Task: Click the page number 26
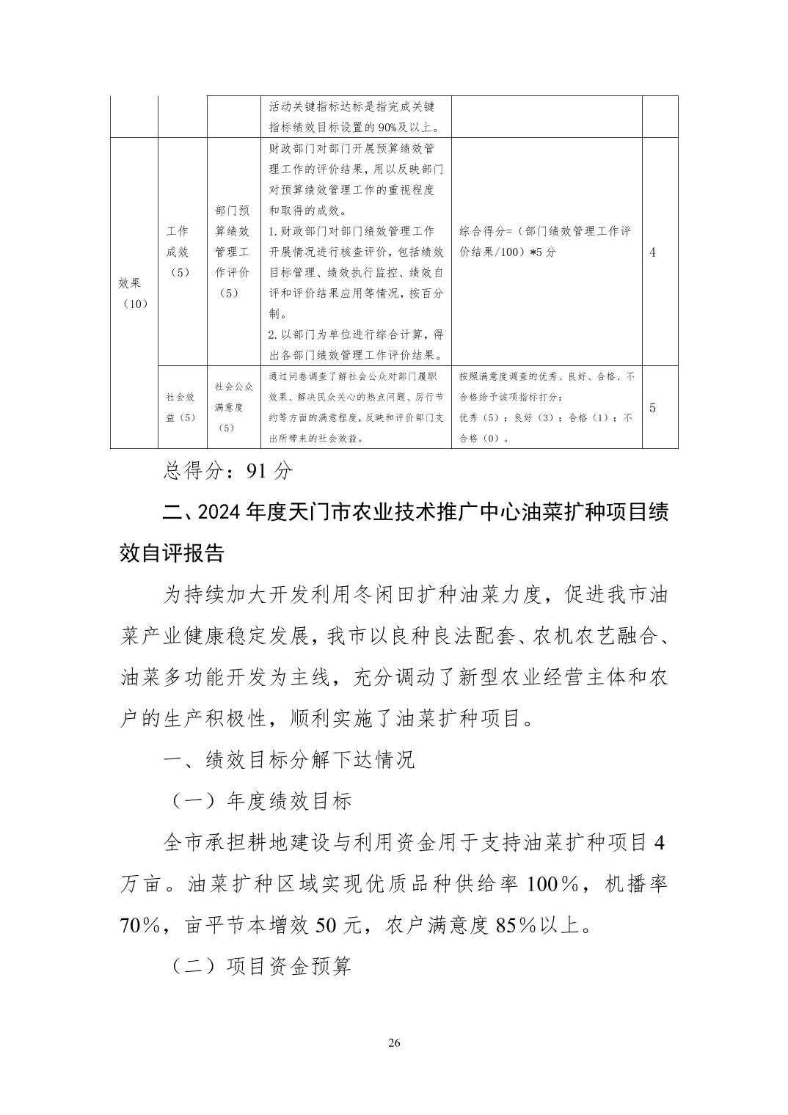pyautogui.click(x=394, y=1043)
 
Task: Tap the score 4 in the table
pyautogui.click(x=652, y=252)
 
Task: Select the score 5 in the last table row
pyautogui.click(x=652, y=408)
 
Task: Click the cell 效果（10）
pyautogui.click(x=134, y=293)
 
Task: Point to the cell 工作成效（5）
pyautogui.click(x=178, y=252)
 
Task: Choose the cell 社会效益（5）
pyautogui.click(x=180, y=407)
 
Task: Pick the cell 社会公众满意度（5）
pyautogui.click(x=233, y=407)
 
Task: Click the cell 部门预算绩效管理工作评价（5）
pyautogui.click(x=233, y=252)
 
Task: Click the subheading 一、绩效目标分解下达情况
pyautogui.click(x=289, y=759)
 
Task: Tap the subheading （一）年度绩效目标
pyautogui.click(x=261, y=800)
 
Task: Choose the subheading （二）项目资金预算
pyautogui.click(x=261, y=966)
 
